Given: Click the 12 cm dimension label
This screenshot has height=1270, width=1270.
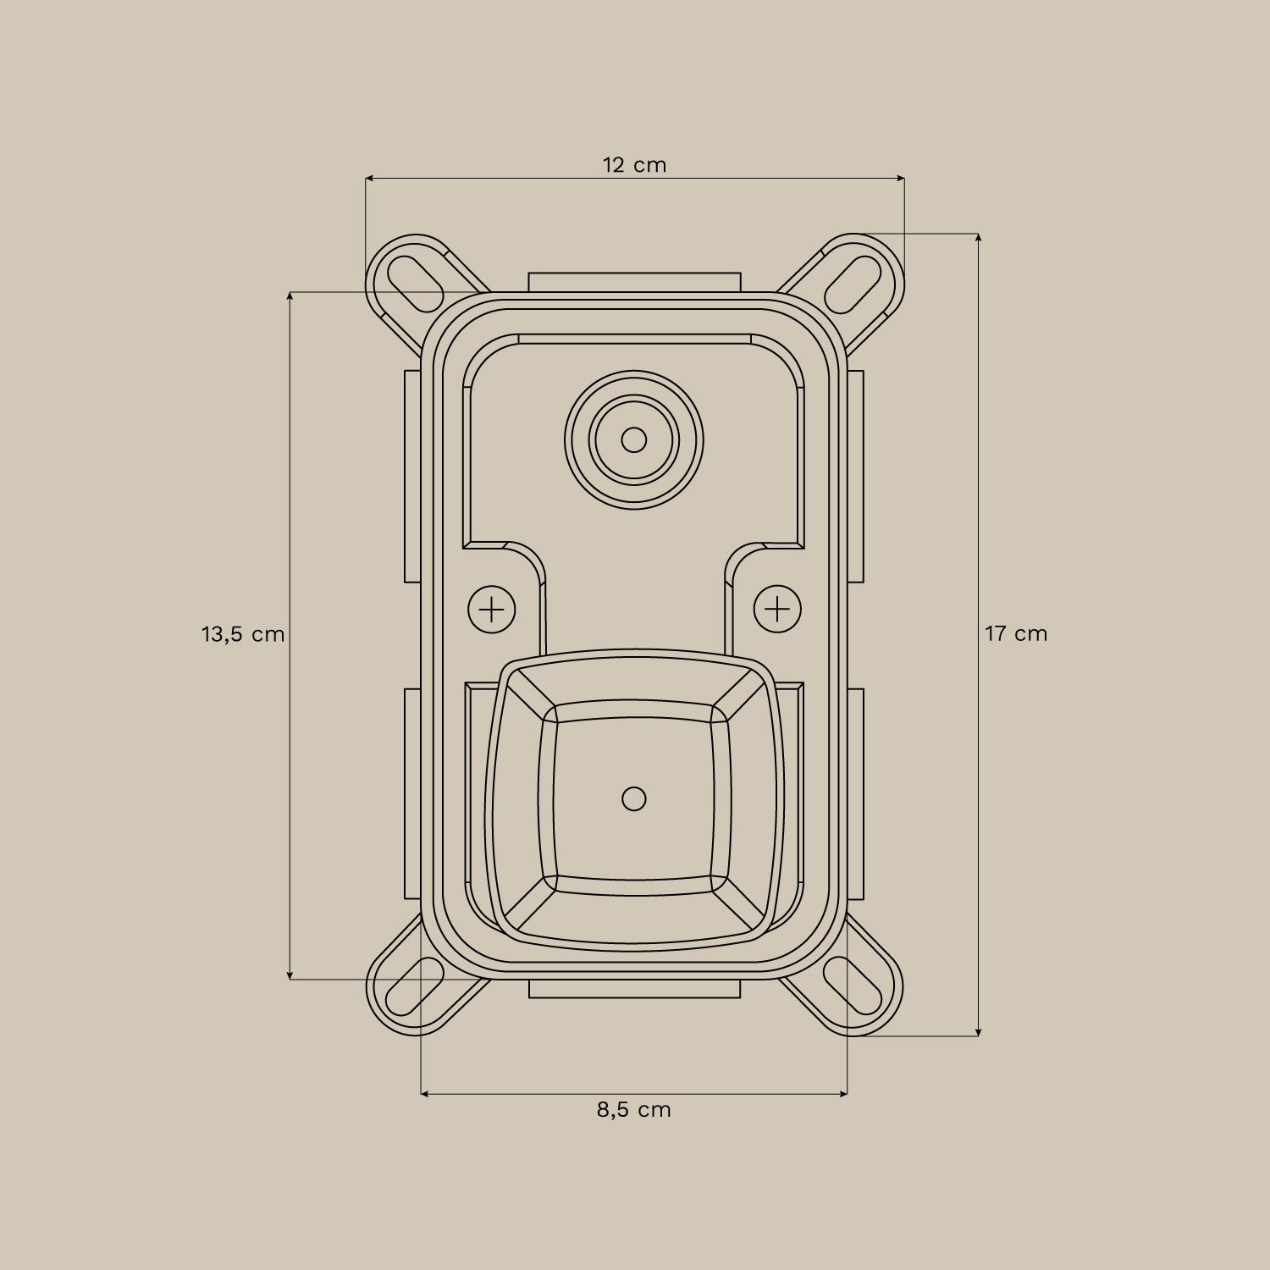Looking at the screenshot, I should pos(634,165).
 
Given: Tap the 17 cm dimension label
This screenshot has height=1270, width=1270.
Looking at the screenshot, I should pos(1016,633).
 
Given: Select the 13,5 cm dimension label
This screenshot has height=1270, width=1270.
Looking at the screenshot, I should pos(243,633).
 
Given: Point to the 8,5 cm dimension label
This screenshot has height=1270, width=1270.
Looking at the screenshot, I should pos(633,1109).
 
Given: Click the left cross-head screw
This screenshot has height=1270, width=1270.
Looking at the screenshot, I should pos(492,609).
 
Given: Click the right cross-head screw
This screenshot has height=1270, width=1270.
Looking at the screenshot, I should pos(777,609).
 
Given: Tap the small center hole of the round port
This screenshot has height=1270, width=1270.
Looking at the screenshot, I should pos(634,440).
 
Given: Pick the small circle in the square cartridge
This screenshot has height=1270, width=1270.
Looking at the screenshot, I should pos(634,798).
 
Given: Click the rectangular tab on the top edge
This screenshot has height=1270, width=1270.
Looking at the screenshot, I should pos(634,282).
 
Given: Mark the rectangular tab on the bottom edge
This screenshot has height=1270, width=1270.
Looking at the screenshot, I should pos(634,989).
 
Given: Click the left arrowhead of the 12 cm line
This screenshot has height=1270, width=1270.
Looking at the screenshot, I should pos(369,179).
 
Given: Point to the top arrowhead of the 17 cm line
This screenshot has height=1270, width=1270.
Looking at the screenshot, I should pos(979,238).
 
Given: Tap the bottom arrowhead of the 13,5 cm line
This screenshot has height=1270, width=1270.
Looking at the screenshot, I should pos(290,976).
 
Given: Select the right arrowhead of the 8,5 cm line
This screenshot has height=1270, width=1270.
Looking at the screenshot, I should pos(843,1094).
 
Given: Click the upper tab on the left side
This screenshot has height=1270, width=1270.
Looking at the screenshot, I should pos(412,476).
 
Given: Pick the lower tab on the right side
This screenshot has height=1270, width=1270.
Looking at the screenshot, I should pos(856,793).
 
